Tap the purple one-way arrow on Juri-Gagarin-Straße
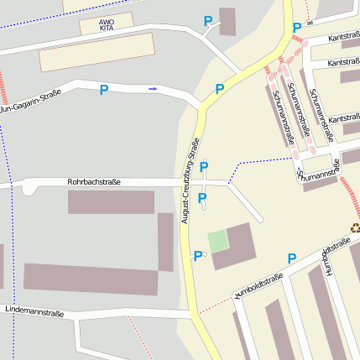coord(153,88)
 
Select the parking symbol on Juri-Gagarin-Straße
coord(104,90)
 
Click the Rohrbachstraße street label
coord(94,181)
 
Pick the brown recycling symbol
coord(355,227)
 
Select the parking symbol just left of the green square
coord(198,256)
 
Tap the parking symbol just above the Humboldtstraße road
coord(292,258)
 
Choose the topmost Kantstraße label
coord(344,37)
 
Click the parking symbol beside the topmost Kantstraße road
coord(296,28)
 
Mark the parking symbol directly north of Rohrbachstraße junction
coord(203,167)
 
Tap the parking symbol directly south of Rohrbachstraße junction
coord(202,199)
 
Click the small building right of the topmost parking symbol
coord(227,21)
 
